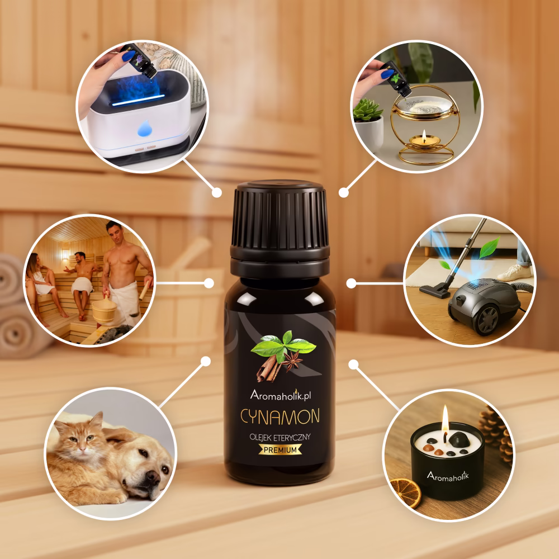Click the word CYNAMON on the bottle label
click(x=280, y=416)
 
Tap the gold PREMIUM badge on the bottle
click(x=280, y=450)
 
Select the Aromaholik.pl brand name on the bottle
click(x=281, y=395)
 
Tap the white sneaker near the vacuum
click(x=514, y=272)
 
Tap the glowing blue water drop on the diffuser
click(x=145, y=129)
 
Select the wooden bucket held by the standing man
click(x=104, y=311)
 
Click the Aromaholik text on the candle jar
click(x=448, y=476)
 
